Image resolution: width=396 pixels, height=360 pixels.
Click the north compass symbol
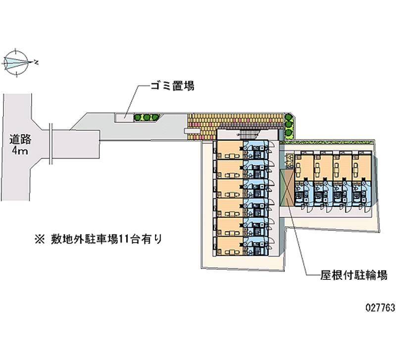[17, 62]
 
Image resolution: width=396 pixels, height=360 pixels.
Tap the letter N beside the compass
[37, 62]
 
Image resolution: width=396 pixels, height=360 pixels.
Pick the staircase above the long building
[247, 135]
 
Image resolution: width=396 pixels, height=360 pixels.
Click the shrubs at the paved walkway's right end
[289, 127]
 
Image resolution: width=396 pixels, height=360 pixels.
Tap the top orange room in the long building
[229, 150]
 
